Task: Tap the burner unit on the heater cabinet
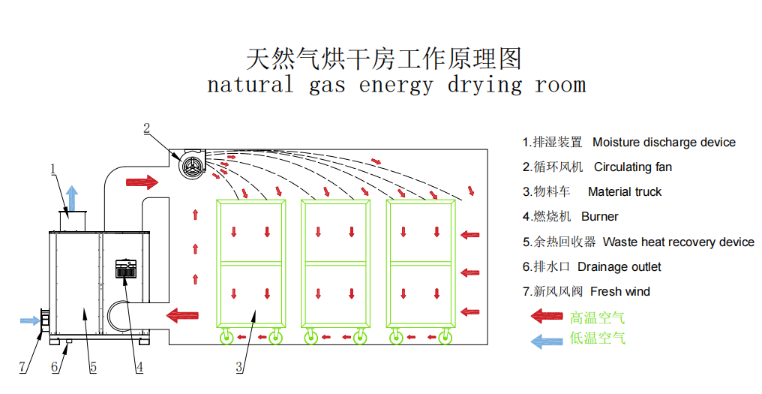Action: (125, 269)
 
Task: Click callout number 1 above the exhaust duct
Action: (53, 170)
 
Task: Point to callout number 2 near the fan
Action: (146, 129)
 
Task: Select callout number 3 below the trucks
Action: (239, 367)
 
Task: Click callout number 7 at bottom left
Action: (22, 367)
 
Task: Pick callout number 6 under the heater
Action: (55, 367)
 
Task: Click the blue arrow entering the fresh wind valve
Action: (30, 320)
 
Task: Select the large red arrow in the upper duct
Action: (142, 182)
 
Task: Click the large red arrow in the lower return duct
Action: (182, 315)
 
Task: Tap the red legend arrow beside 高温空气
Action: (547, 316)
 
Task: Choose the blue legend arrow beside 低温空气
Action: (547, 341)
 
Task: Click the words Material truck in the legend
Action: (625, 192)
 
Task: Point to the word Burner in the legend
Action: (600, 217)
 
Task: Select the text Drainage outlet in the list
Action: (619, 267)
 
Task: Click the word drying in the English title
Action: (484, 86)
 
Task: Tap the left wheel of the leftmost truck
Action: (227, 337)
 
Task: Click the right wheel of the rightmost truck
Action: (445, 337)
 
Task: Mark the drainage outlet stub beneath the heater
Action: (68, 341)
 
